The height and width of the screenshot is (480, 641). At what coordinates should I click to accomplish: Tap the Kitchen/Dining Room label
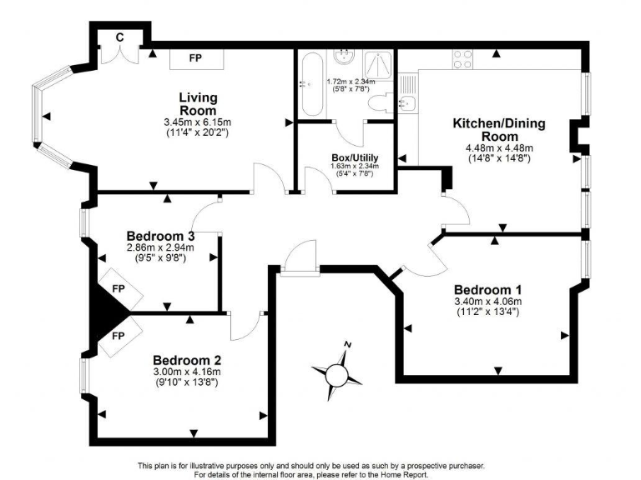click(498, 129)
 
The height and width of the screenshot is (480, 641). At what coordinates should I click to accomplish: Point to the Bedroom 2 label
click(186, 360)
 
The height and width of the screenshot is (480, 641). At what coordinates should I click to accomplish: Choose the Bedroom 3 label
click(159, 235)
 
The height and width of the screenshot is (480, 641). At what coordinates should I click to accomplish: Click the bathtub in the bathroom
click(310, 85)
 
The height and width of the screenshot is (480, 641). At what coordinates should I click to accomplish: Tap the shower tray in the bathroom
click(376, 62)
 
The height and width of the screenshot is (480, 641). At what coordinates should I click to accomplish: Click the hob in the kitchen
click(463, 60)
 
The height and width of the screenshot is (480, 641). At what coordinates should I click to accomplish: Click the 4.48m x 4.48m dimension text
click(498, 148)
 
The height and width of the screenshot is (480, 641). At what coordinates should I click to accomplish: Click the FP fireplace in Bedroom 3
click(118, 289)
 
